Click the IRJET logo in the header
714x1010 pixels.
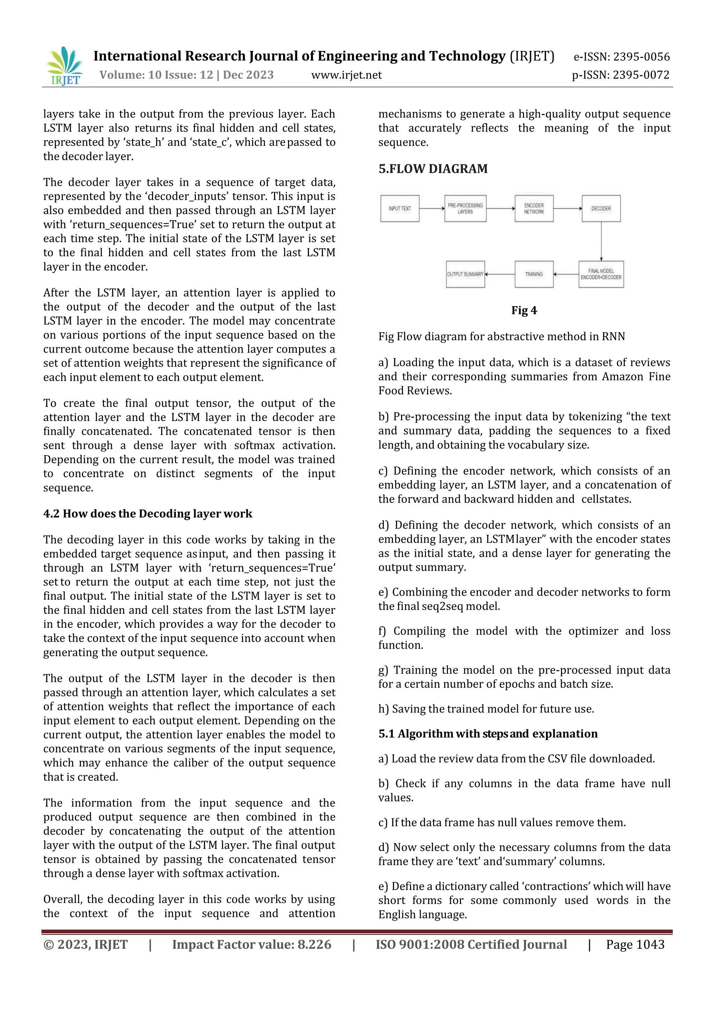coord(64,66)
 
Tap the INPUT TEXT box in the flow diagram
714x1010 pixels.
coord(400,209)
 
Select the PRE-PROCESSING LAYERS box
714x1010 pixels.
coord(465,209)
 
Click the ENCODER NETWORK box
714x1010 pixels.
coord(534,209)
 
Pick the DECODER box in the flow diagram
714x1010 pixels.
coord(601,209)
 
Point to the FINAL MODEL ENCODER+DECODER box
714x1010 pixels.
coord(601,274)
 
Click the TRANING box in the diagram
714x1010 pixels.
coord(534,274)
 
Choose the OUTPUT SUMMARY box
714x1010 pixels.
coord(465,274)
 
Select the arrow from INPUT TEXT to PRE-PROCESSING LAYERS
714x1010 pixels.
coord(432,209)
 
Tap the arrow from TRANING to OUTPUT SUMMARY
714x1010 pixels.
coord(500,274)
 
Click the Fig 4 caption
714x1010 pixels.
coord(524,310)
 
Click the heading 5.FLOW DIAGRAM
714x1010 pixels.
coord(433,169)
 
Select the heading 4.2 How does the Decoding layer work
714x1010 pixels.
coord(148,514)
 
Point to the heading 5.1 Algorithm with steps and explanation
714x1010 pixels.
coord(488,734)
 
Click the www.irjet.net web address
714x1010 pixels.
coord(347,75)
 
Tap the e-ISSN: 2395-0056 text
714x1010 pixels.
coord(622,57)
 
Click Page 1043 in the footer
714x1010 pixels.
coord(635,944)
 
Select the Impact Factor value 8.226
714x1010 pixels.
coord(251,944)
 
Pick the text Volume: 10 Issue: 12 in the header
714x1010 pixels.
coord(157,75)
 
